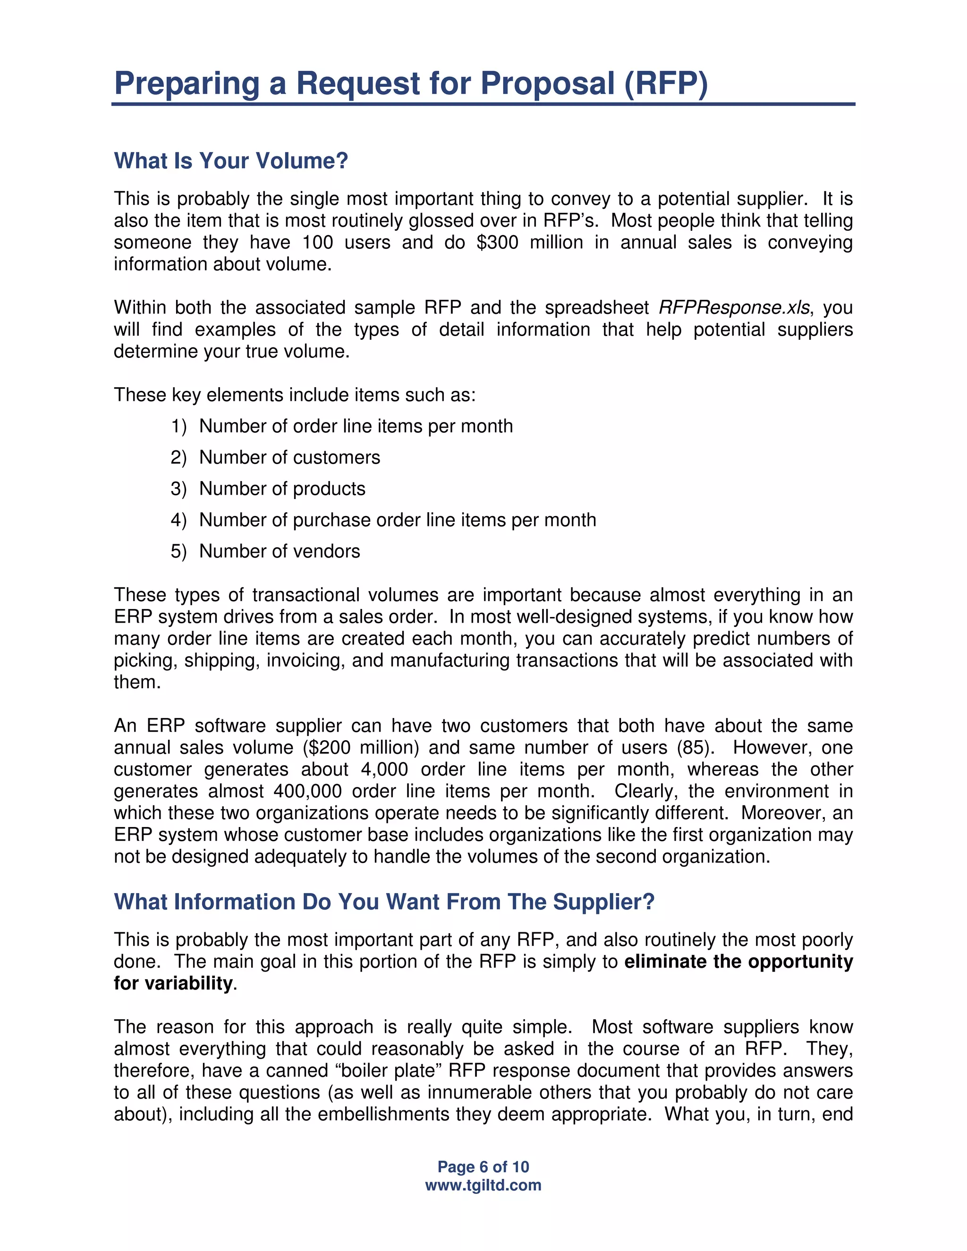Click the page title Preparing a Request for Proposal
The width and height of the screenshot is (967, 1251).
tap(410, 84)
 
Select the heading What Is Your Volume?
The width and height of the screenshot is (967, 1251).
tap(231, 161)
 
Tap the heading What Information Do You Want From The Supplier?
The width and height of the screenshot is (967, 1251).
tap(384, 902)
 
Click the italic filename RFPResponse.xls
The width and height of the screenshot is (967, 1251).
tap(734, 308)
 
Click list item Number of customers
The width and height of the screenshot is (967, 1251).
tap(289, 457)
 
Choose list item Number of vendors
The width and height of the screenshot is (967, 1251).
tap(280, 551)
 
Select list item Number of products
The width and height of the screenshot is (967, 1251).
tap(282, 489)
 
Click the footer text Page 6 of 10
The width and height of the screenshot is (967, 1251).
tap(483, 1167)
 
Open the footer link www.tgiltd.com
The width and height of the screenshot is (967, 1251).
tap(483, 1185)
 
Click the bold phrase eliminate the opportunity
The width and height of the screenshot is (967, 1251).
tap(738, 961)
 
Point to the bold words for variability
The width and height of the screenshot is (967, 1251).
tap(173, 983)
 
